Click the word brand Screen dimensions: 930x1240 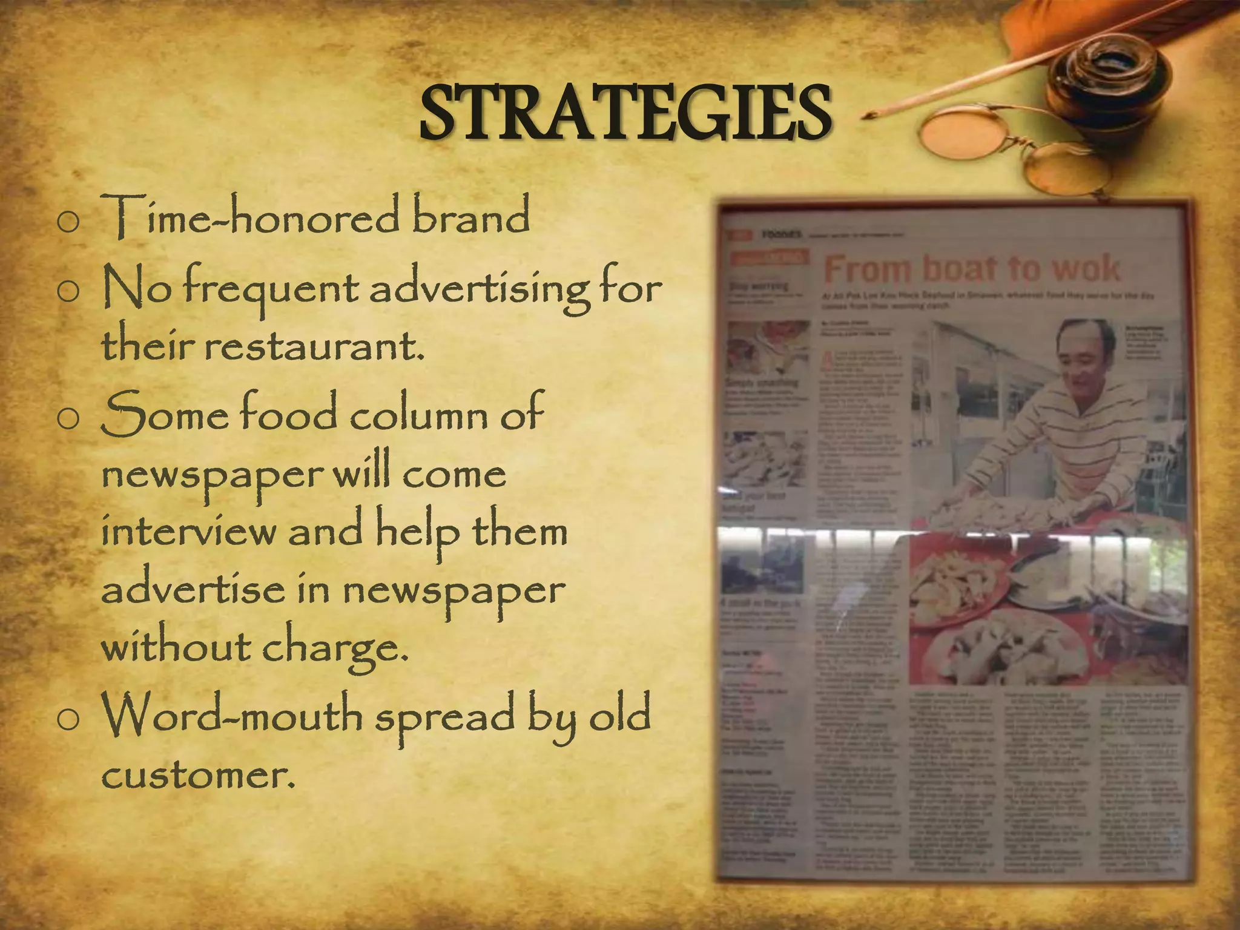(470, 216)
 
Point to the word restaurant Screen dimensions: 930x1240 (314, 346)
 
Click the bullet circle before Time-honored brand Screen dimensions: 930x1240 (68, 222)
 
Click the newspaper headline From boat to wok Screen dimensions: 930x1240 (971, 269)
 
